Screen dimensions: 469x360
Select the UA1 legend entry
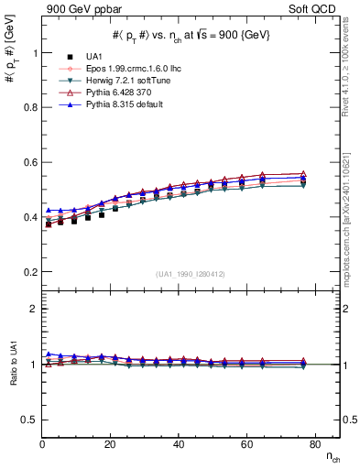click(x=82, y=56)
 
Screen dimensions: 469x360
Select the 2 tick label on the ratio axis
click(x=32, y=309)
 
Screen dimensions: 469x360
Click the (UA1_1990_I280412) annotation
click(x=191, y=274)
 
